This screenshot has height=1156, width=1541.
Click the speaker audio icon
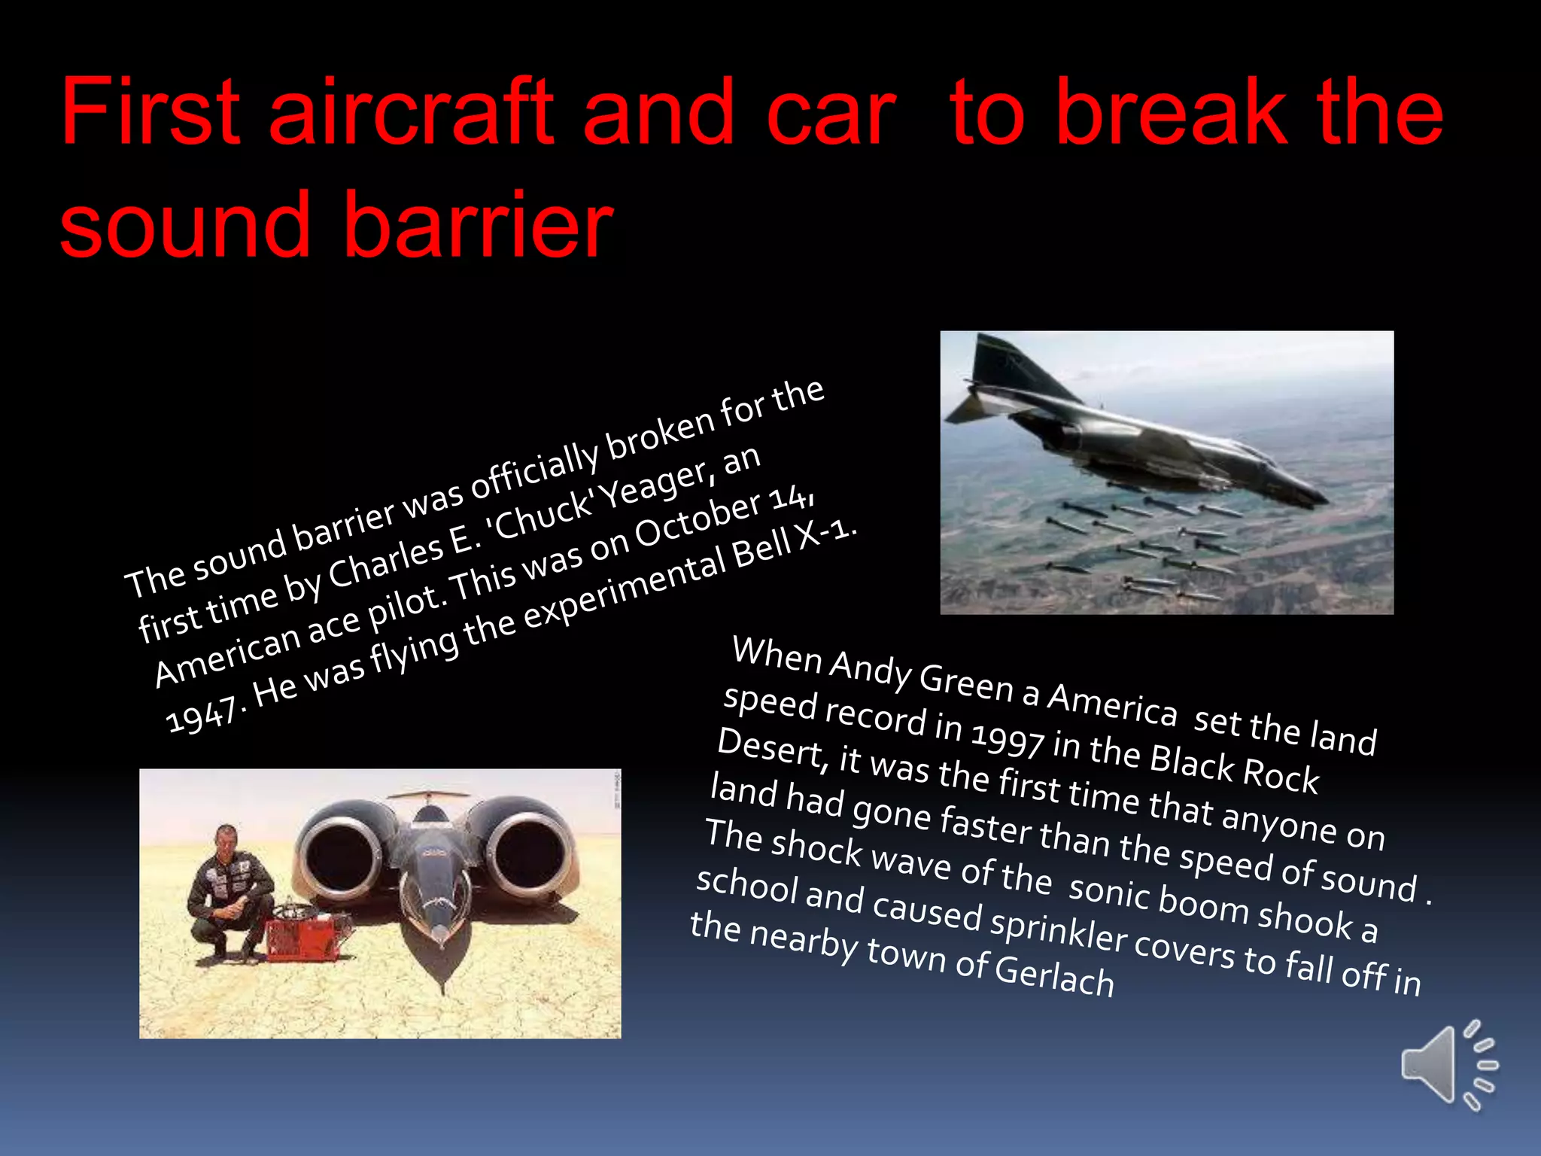pos(1446,1065)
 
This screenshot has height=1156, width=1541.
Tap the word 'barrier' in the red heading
pos(479,224)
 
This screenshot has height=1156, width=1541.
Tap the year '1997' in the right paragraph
pos(1006,739)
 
